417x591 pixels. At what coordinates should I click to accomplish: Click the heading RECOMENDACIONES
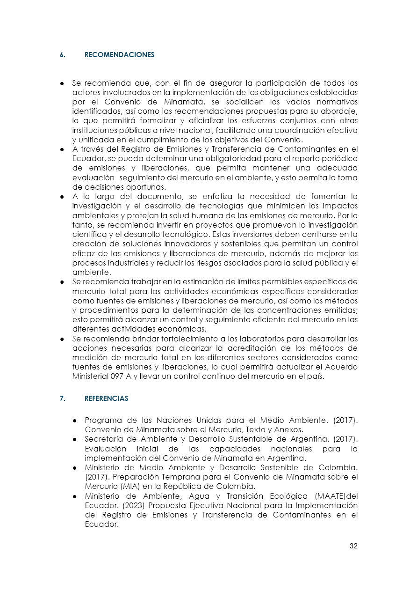pyautogui.click(x=119, y=55)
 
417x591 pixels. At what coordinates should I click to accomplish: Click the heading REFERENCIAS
pyautogui.click(x=106, y=399)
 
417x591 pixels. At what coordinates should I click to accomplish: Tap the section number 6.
pyautogui.click(x=62, y=55)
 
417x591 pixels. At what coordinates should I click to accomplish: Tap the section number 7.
pyautogui.click(x=62, y=399)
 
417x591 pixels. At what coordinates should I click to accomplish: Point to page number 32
pyautogui.click(x=353, y=546)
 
